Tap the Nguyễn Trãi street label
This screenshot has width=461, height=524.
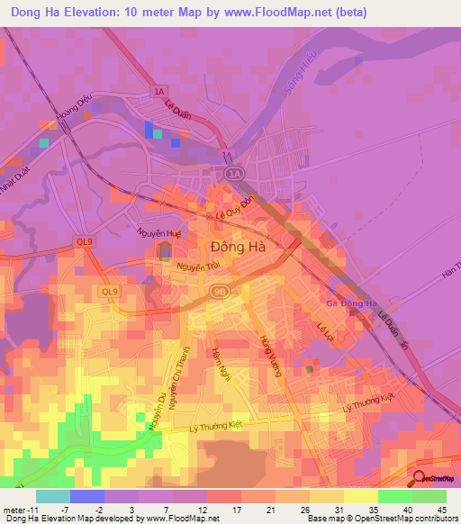[198, 267]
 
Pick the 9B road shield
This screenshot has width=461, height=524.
[219, 292]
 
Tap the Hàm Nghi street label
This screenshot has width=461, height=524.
[217, 364]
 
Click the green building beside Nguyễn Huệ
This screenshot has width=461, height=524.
[166, 251]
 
